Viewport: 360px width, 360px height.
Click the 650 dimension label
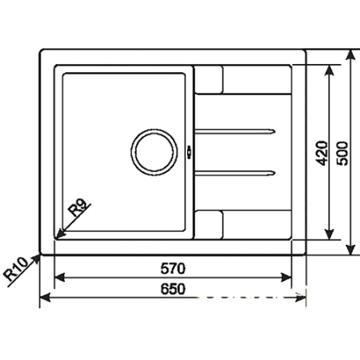click(x=173, y=288)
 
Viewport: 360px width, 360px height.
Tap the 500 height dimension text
click(x=343, y=151)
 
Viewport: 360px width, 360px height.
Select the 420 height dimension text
click(x=321, y=151)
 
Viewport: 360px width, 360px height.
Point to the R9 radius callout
click(x=78, y=210)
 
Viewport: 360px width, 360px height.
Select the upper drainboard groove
click(x=237, y=129)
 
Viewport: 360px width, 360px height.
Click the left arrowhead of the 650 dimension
click(x=45, y=298)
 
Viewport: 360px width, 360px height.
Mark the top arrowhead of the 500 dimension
click(x=350, y=55)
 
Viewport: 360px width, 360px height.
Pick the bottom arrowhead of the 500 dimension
click(x=350, y=251)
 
